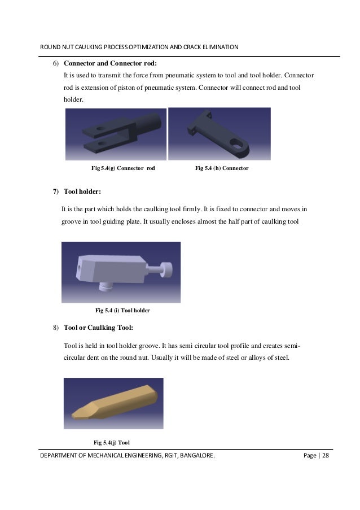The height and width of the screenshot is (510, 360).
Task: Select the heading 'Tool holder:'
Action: (82, 192)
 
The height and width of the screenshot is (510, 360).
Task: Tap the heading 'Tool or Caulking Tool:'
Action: (99, 328)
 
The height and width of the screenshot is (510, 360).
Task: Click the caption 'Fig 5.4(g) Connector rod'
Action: (123, 168)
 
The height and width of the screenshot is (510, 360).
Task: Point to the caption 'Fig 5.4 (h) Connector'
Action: (222, 168)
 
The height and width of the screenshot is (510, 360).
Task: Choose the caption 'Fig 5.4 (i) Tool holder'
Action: (122, 311)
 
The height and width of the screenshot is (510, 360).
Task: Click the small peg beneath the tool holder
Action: (103, 287)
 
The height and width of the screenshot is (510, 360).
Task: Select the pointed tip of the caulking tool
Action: (74, 415)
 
